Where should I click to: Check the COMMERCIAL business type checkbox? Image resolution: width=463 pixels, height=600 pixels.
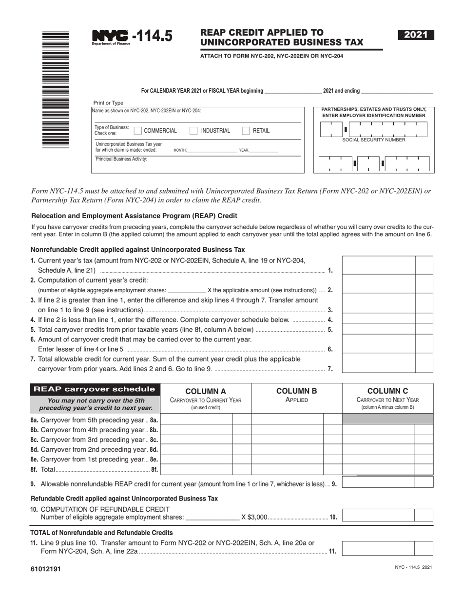[137, 131]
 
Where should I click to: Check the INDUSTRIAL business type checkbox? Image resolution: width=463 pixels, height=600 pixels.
[193, 131]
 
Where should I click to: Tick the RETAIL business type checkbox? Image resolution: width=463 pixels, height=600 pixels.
[246, 131]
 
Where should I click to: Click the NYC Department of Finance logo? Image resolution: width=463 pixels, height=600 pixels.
[111, 37]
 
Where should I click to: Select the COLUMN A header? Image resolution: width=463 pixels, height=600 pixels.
[205, 392]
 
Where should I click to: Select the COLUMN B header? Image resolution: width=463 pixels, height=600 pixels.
[297, 392]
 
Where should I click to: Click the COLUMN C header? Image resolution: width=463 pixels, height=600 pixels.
[387, 392]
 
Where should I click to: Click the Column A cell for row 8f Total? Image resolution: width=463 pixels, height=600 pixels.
[197, 469]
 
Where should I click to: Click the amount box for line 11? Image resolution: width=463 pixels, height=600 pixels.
[378, 548]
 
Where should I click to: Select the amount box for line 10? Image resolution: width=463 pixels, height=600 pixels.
[378, 516]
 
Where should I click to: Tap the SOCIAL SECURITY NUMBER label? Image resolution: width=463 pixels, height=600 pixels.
[373, 140]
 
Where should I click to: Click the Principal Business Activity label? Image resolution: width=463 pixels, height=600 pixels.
[121, 159]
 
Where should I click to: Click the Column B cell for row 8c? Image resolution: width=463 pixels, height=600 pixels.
[288, 440]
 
